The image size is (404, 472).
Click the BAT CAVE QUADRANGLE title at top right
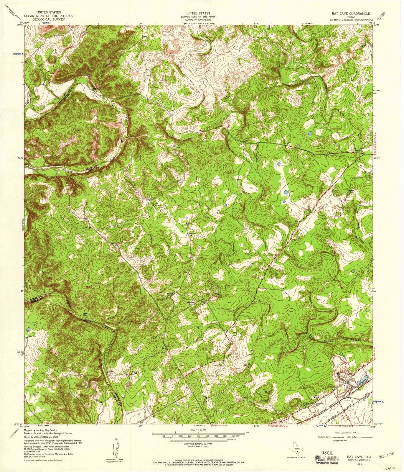point(350,14)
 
